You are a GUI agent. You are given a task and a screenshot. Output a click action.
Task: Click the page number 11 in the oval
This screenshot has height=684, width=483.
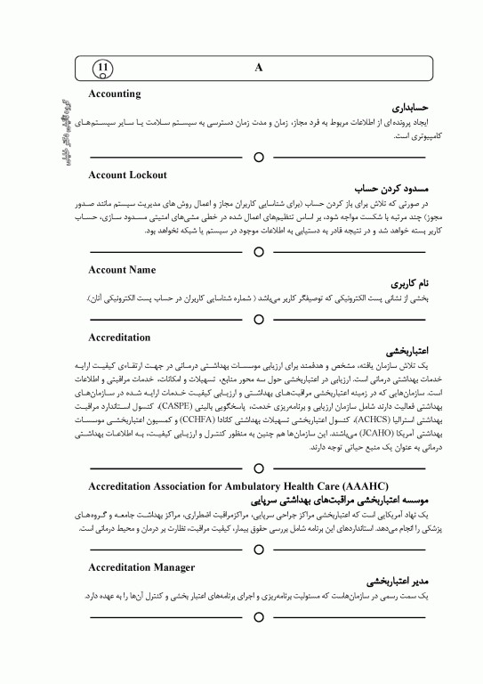coord(103,67)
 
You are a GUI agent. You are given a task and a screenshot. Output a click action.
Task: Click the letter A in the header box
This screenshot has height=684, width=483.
coord(258,67)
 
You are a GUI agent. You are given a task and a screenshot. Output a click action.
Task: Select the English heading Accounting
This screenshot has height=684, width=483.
coord(115,94)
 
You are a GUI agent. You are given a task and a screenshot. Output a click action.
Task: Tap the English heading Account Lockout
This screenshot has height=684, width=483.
coord(128,175)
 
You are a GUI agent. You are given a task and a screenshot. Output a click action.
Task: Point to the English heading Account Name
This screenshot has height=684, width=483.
coord(123,269)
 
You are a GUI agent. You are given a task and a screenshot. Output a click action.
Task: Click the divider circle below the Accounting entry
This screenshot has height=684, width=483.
coord(258,157)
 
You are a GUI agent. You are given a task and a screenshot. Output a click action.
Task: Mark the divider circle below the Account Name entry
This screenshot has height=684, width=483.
coord(258,319)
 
